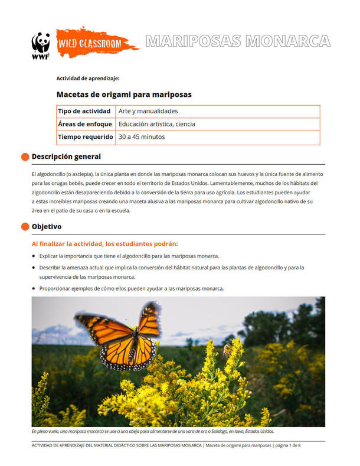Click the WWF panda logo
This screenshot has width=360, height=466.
point(41,44)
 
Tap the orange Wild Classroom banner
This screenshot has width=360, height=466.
point(94,43)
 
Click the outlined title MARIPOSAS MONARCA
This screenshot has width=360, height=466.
point(237,41)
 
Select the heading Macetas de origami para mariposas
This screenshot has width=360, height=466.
point(124,94)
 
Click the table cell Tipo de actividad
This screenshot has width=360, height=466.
point(84,111)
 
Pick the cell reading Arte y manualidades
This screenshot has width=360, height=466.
point(148,111)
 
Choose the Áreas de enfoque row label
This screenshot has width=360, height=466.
point(85,124)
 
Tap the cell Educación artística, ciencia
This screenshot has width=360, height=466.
point(157,124)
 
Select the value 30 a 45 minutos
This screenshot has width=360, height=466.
point(142,137)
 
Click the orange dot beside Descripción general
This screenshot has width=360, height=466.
point(25,157)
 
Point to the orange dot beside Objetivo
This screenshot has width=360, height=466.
point(25,227)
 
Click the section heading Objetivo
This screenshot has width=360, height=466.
point(47,227)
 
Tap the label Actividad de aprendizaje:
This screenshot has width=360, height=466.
point(88,78)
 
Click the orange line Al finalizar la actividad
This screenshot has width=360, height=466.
point(104,243)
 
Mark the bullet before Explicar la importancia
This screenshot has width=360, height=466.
point(34,256)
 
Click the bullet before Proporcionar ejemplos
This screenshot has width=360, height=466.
point(34,288)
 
